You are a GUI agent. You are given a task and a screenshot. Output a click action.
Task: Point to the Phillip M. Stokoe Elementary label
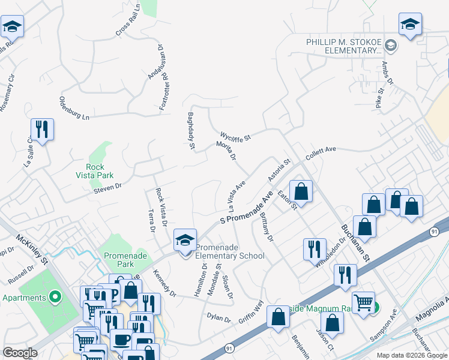click(x=344, y=47)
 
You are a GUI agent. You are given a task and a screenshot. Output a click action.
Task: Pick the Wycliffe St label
click(x=235, y=136)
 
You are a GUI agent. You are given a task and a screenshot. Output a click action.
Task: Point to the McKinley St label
click(x=33, y=251)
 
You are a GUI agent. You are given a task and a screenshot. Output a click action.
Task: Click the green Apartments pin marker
click(x=55, y=297)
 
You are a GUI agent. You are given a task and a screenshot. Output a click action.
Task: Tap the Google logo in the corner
click(x=20, y=353)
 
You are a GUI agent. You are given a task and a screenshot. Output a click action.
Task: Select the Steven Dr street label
click(x=107, y=190)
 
